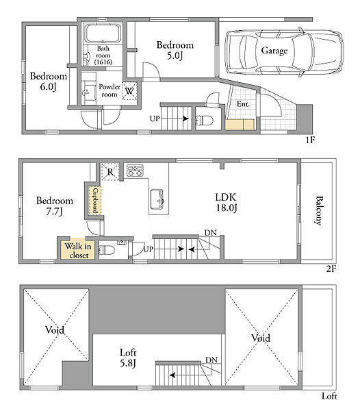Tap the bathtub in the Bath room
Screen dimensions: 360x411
[103, 34]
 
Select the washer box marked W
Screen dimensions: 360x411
[129, 90]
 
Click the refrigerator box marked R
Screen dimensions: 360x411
[110, 172]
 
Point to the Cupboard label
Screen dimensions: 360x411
[95, 201]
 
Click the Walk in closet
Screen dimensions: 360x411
[78, 250]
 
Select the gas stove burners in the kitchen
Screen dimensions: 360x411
[135, 171]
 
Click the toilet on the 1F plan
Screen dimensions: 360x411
[204, 121]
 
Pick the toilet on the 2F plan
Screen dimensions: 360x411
[106, 250]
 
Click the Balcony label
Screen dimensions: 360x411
[318, 210]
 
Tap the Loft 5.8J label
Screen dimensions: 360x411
[128, 358]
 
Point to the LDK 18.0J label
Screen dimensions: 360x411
[227, 202]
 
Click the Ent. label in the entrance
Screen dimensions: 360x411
[243, 104]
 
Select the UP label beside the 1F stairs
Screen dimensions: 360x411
[155, 119]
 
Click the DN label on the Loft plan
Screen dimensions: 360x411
[211, 360]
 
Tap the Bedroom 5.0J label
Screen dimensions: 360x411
[175, 50]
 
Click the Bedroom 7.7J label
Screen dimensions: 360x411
[55, 206]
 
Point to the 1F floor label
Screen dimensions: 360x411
[310, 140]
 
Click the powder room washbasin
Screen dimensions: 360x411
[86, 92]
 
